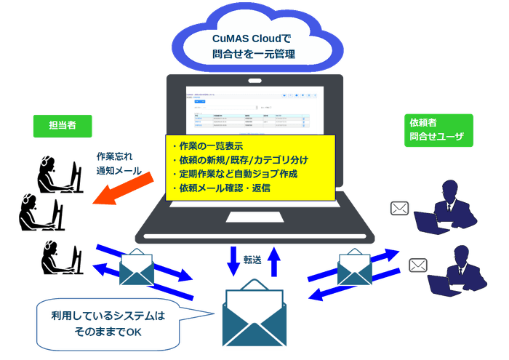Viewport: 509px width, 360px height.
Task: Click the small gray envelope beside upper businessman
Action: (400, 209)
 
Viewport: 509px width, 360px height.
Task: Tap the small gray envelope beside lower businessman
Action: (418, 265)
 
